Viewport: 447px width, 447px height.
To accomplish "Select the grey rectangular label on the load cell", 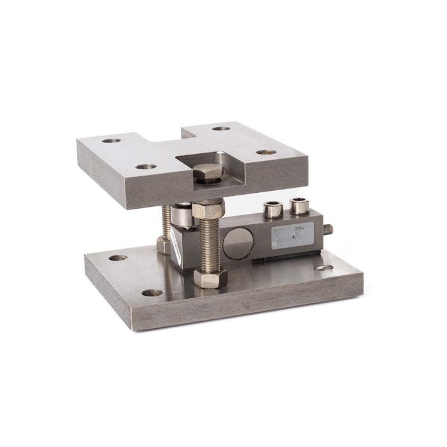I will tap(295, 235).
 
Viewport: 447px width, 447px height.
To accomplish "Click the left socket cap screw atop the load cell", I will tap(274, 209).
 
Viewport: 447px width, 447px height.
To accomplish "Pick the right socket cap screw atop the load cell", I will tap(298, 206).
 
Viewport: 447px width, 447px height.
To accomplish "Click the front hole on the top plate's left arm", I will tap(146, 167).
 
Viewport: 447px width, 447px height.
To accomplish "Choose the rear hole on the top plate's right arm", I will tap(222, 128).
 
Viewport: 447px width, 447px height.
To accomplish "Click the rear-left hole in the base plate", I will tap(117, 258).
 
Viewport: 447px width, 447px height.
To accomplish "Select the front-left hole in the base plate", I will tap(152, 293).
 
